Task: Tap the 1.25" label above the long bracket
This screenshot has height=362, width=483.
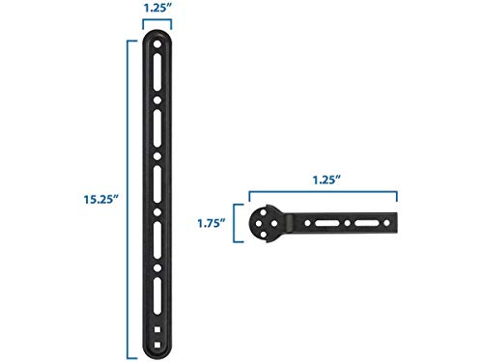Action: tap(158, 9)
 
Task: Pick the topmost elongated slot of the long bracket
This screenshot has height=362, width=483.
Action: tap(158, 78)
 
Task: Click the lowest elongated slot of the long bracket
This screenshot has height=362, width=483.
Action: tap(158, 298)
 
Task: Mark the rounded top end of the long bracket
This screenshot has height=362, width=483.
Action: tap(158, 34)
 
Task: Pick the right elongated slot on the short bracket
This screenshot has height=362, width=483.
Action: tap(372, 225)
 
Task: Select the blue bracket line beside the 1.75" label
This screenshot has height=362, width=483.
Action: tap(238, 224)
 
